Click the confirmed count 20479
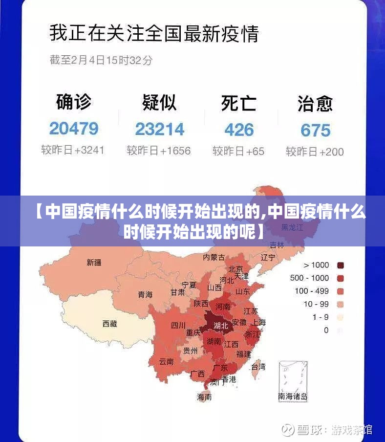pyautogui.click(x=74, y=129)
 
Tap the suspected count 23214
pyautogui.click(x=160, y=129)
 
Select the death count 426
pyautogui.click(x=239, y=130)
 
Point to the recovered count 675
pyautogui.click(x=315, y=130)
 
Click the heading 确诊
pyautogui.click(x=74, y=102)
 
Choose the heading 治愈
pyautogui.click(x=315, y=104)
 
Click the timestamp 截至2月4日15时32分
pyautogui.click(x=101, y=60)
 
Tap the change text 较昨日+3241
pyautogui.click(x=73, y=150)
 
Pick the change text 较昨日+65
pyautogui.click(x=238, y=151)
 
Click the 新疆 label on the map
pyautogui.click(x=94, y=263)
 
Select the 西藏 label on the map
pyautogui.click(x=109, y=323)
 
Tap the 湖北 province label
pyautogui.click(x=221, y=325)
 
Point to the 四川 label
pyautogui.click(x=178, y=325)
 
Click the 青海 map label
pyautogui.click(x=145, y=294)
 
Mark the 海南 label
pyautogui.click(x=204, y=397)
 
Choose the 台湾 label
pyautogui.click(x=258, y=366)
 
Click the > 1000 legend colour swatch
pyautogui.click(x=341, y=265)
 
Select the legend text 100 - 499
pyautogui.click(x=312, y=291)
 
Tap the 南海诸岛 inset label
pyautogui.click(x=293, y=397)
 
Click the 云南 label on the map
pyautogui.click(x=166, y=362)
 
